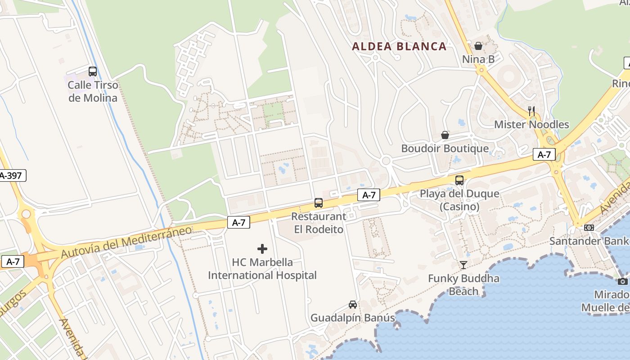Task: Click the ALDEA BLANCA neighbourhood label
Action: click(399, 46)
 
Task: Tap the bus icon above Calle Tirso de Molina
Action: click(93, 72)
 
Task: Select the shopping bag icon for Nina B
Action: click(478, 46)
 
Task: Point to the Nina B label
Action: click(478, 59)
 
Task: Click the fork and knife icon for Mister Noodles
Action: click(531, 111)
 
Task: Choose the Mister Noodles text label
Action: click(531, 125)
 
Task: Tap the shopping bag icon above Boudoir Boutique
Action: click(445, 135)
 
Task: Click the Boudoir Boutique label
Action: click(445, 148)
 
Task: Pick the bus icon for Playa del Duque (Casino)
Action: click(459, 180)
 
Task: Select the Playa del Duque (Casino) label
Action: click(459, 200)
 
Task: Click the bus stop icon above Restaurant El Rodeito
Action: click(319, 203)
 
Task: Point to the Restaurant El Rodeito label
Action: click(319, 223)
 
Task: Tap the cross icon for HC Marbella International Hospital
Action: click(262, 249)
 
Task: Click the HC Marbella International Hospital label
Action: click(262, 269)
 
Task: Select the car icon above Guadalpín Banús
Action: click(353, 305)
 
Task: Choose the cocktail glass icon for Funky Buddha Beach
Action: click(463, 265)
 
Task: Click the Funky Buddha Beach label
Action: click(463, 285)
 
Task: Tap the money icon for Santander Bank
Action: click(589, 228)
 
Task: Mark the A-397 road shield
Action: click(12, 175)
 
